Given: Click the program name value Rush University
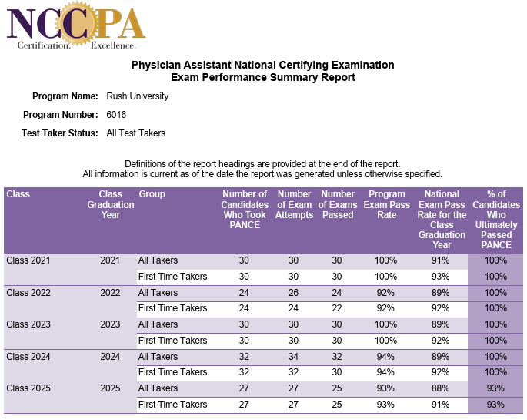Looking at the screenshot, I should (137, 96).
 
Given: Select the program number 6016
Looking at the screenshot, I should (116, 115).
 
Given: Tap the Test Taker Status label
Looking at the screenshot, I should (60, 133).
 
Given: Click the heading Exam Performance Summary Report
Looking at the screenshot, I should (262, 77).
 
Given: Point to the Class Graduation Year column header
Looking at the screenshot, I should (111, 204).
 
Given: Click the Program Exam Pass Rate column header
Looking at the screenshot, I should (387, 204).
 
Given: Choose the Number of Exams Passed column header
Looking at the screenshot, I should (338, 204).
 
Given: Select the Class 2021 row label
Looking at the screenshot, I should (28, 260).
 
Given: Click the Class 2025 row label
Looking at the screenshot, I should (28, 388).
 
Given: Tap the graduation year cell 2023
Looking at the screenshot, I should (111, 324).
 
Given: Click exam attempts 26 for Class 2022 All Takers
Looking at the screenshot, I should (293, 293).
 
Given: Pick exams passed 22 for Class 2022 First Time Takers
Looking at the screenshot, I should (337, 308).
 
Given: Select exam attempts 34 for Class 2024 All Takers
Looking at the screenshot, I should (293, 357).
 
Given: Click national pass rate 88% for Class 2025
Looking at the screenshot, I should (442, 388).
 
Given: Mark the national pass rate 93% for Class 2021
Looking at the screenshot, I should (442, 277).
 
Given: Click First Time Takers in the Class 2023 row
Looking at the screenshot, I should (172, 341).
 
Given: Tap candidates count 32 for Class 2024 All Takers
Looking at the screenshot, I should (244, 357).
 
